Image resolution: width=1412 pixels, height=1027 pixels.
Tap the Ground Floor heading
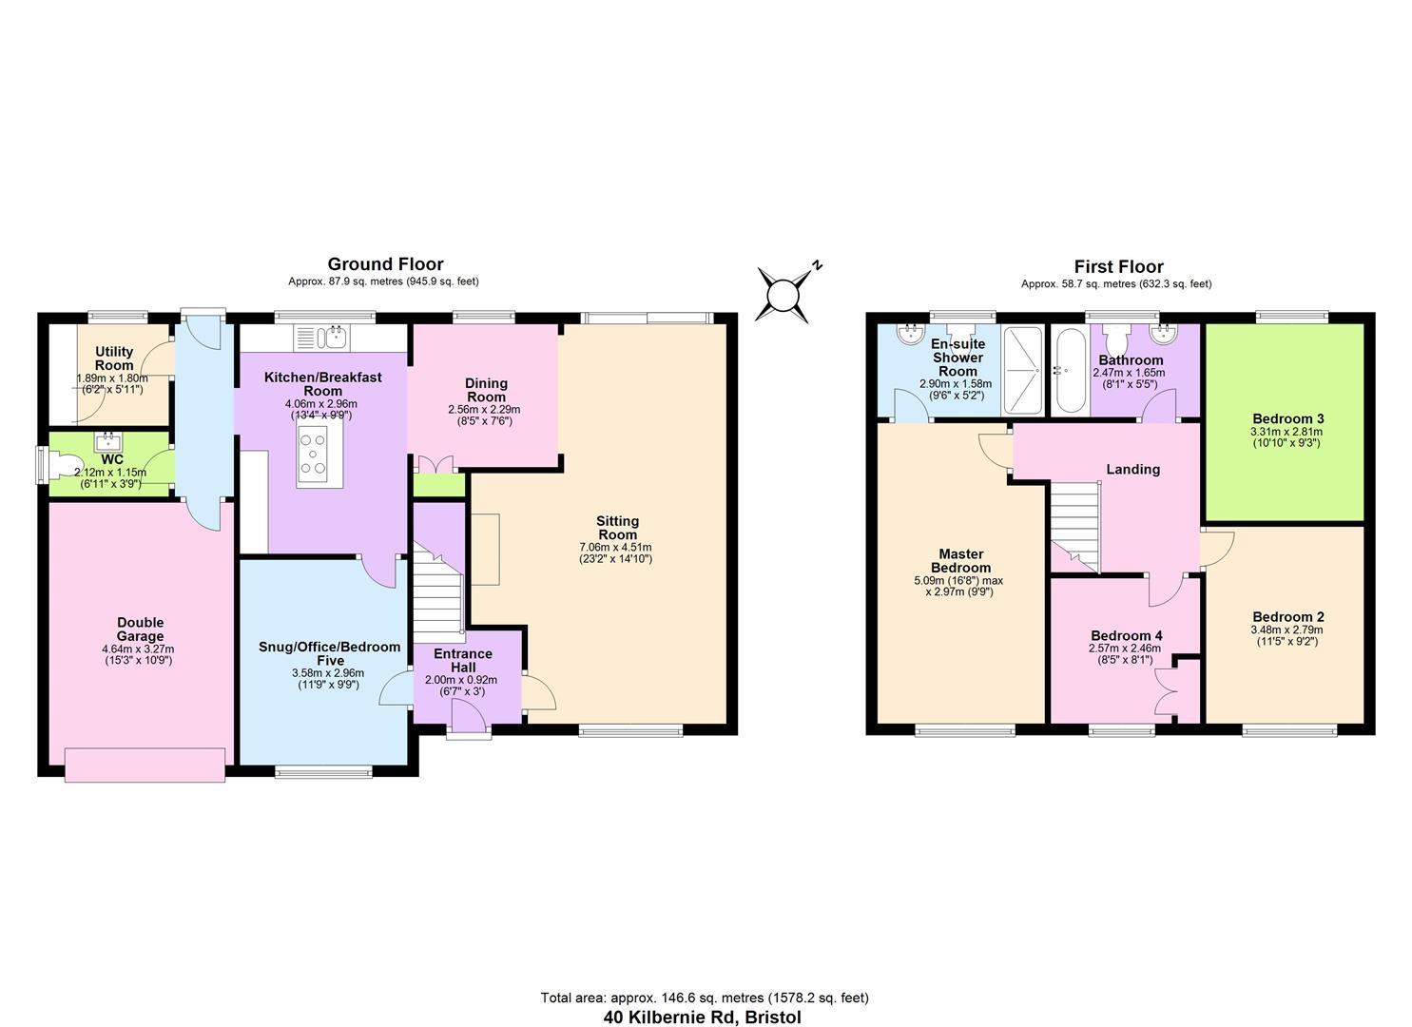(x=385, y=264)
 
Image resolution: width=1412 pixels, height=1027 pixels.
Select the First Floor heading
(x=1118, y=267)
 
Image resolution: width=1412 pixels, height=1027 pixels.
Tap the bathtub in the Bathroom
(x=1070, y=371)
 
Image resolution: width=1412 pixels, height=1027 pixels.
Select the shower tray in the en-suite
(x=1023, y=371)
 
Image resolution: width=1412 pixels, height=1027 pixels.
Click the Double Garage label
(x=140, y=630)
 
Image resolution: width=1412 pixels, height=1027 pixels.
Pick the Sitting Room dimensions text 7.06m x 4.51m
(x=615, y=547)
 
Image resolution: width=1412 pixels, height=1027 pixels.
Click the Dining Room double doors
(x=436, y=465)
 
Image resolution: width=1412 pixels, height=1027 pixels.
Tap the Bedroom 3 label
(x=1287, y=418)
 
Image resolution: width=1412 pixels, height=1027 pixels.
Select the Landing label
(x=1132, y=469)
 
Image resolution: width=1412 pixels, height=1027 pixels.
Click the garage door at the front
(x=145, y=765)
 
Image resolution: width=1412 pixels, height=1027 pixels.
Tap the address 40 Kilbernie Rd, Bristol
(x=703, y=1017)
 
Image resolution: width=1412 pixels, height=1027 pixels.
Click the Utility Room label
(x=114, y=358)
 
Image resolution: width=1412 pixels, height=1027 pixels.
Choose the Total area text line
(x=704, y=998)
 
